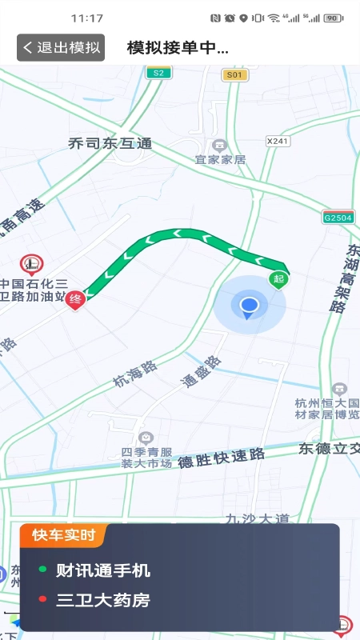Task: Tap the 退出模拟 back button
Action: [61, 47]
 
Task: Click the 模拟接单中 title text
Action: [178, 47]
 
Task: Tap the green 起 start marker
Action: [278, 278]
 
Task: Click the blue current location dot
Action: [250, 305]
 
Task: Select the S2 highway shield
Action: [158, 73]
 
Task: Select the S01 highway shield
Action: [233, 74]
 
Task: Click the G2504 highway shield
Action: [338, 217]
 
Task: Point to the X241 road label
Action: [277, 141]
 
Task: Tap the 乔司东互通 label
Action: [110, 144]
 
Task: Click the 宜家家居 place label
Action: [220, 159]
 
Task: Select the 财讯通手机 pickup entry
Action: [102, 570]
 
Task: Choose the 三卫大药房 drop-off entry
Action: [102, 600]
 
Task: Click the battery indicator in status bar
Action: [334, 18]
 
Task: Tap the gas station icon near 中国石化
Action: [32, 262]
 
